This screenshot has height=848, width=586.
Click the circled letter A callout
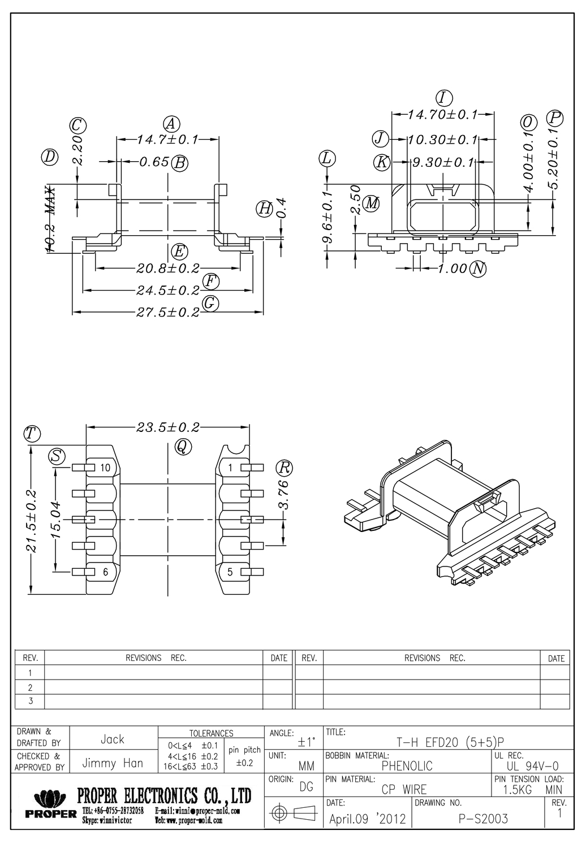click(171, 124)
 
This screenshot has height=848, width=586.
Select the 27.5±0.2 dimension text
click(168, 312)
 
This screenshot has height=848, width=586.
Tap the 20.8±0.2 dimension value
click(168, 268)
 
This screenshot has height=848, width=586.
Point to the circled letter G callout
click(210, 303)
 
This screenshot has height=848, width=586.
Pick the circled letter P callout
click(555, 118)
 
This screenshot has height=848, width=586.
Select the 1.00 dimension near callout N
click(453, 269)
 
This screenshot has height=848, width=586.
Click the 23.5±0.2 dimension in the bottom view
click(168, 427)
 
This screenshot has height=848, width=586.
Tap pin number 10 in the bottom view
click(105, 468)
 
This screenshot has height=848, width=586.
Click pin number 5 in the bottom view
click(230, 572)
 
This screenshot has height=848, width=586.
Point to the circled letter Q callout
click(183, 447)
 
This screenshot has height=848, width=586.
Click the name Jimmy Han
click(113, 763)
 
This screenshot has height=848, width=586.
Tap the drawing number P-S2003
click(483, 819)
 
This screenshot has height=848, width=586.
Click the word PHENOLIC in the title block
click(407, 766)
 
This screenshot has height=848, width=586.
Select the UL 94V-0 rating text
click(532, 766)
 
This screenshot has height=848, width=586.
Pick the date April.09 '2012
click(367, 819)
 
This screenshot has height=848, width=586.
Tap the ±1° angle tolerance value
click(306, 742)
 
